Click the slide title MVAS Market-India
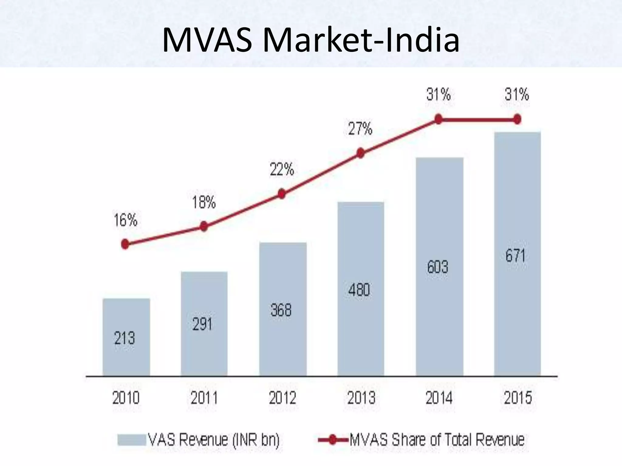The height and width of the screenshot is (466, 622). click(x=310, y=40)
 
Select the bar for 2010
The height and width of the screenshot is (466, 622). click(x=126, y=337)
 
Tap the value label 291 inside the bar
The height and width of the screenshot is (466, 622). click(x=202, y=324)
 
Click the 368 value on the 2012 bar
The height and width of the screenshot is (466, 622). click(x=281, y=310)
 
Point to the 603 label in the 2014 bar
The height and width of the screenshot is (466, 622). click(x=438, y=267)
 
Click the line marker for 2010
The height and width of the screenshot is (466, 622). click(x=125, y=244)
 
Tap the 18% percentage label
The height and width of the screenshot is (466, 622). click(x=204, y=202)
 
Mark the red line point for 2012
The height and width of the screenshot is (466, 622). click(x=282, y=194)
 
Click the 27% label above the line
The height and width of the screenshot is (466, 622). click(x=360, y=129)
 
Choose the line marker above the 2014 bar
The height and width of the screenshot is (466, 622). click(x=438, y=119)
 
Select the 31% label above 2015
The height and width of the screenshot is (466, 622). click(x=517, y=94)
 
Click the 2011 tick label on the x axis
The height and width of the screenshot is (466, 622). click(x=204, y=398)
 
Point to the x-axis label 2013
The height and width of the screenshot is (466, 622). click(x=361, y=398)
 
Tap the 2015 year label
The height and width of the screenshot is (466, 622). click(x=518, y=398)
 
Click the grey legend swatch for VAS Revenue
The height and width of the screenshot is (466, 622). click(x=132, y=440)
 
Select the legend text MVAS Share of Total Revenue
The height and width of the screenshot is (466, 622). click(x=437, y=440)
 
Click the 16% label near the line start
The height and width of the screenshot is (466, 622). click(x=125, y=220)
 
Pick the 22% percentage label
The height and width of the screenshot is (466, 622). click(x=282, y=169)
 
